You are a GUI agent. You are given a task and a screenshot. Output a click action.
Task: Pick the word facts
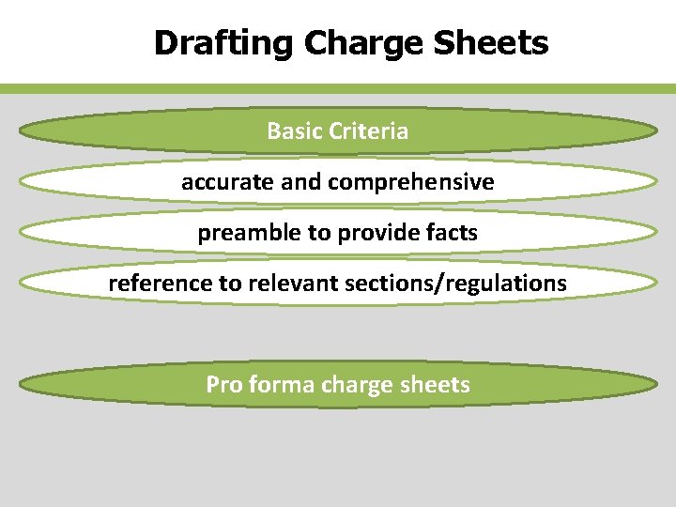(453, 233)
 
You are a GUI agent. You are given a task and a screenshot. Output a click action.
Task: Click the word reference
(161, 283)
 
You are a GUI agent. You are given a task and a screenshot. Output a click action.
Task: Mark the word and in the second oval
(300, 181)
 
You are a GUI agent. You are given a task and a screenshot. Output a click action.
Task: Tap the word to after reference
(230, 283)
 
